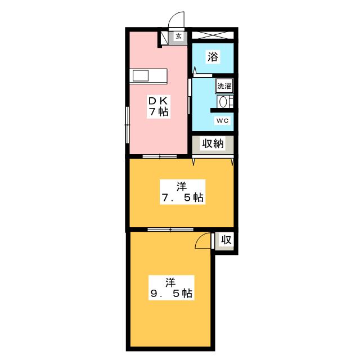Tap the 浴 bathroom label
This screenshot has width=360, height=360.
pyautogui.click(x=213, y=56)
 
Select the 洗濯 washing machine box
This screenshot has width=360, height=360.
pyautogui.click(x=224, y=86)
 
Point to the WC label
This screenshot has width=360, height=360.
pyautogui.click(x=222, y=120)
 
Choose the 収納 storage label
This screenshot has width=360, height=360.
pyautogui.click(x=213, y=144)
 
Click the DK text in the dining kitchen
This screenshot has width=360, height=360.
pyautogui.click(x=158, y=100)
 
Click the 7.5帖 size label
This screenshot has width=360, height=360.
pyautogui.click(x=181, y=197)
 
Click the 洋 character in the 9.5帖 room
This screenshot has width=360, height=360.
pyautogui.click(x=170, y=281)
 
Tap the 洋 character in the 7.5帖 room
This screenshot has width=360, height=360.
pyautogui.click(x=180, y=185)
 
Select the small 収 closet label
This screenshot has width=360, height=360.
pyautogui.click(x=226, y=240)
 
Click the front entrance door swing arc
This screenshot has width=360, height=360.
pyautogui.click(x=177, y=20)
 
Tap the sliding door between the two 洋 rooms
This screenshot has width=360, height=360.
pyautogui.click(x=170, y=229)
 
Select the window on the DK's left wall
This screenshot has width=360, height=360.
pyautogui.click(x=127, y=121)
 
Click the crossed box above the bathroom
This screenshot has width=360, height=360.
pyautogui.click(x=212, y=35)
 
